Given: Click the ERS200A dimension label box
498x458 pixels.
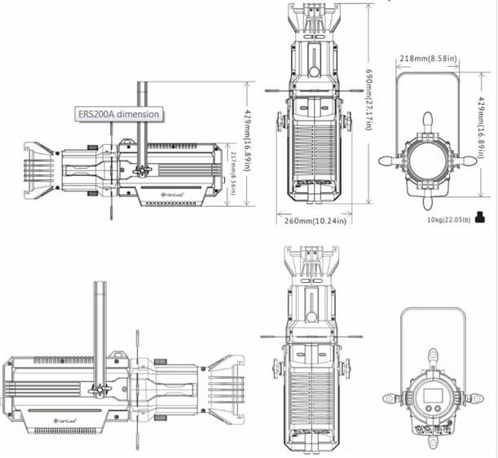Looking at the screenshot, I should (118, 114).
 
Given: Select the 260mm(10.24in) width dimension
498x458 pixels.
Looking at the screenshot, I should (311, 220).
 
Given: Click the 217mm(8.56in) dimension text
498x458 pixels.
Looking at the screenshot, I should (233, 173).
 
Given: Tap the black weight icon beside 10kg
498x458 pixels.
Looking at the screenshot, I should (481, 217).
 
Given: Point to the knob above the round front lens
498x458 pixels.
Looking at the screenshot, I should (426, 120).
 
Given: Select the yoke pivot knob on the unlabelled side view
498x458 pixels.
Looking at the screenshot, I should (101, 388).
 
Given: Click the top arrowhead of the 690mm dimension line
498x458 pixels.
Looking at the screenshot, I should (359, 4).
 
